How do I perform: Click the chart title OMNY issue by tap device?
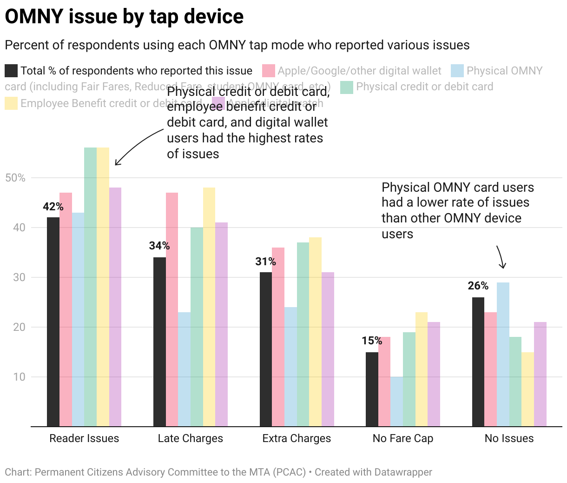click(124, 17)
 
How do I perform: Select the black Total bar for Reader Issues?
click(53, 321)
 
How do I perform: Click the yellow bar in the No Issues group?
click(527, 389)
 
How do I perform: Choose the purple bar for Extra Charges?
click(328, 349)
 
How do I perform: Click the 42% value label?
click(53, 207)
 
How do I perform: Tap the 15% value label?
click(372, 341)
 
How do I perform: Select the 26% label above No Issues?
click(478, 286)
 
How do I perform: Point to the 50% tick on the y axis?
click(15, 178)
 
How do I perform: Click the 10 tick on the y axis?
click(19, 377)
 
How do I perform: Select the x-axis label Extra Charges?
click(297, 438)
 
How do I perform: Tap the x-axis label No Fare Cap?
click(403, 438)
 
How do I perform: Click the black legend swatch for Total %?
click(11, 71)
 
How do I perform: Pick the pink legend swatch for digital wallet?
click(269, 71)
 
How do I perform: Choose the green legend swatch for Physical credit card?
click(347, 87)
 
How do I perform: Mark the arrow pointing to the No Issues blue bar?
click(501, 257)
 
